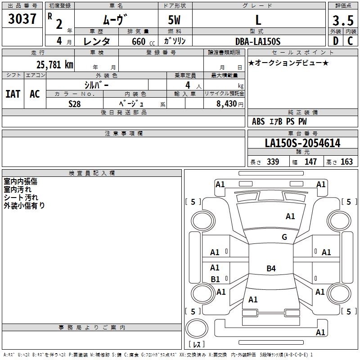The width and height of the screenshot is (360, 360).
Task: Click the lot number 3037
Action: [22, 19]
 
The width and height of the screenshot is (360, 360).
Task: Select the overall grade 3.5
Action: [343, 20]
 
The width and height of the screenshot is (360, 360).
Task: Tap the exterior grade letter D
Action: [336, 41]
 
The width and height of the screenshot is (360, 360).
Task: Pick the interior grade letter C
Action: [350, 41]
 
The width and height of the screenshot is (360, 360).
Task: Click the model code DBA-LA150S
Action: [258, 41]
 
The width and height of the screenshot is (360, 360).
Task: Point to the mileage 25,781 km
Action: [55, 65]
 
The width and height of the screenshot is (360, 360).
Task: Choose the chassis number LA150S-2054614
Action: [302, 143]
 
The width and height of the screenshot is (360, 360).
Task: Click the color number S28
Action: [74, 104]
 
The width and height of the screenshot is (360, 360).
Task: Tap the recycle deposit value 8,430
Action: [226, 104]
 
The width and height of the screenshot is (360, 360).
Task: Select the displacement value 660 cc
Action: [143, 42]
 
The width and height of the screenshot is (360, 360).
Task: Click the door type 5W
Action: [174, 20]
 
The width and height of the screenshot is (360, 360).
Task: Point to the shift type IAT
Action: [13, 94]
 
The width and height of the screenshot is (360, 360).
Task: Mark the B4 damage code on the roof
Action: [271, 268]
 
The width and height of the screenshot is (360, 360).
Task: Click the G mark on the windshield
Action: [284, 237]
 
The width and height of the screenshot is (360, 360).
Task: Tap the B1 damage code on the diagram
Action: [215, 279]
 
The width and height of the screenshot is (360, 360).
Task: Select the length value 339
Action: [273, 162]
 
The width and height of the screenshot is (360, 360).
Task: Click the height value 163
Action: [346, 162]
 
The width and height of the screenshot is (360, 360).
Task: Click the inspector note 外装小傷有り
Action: [24, 206]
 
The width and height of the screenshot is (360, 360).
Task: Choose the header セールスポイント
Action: [302, 53]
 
